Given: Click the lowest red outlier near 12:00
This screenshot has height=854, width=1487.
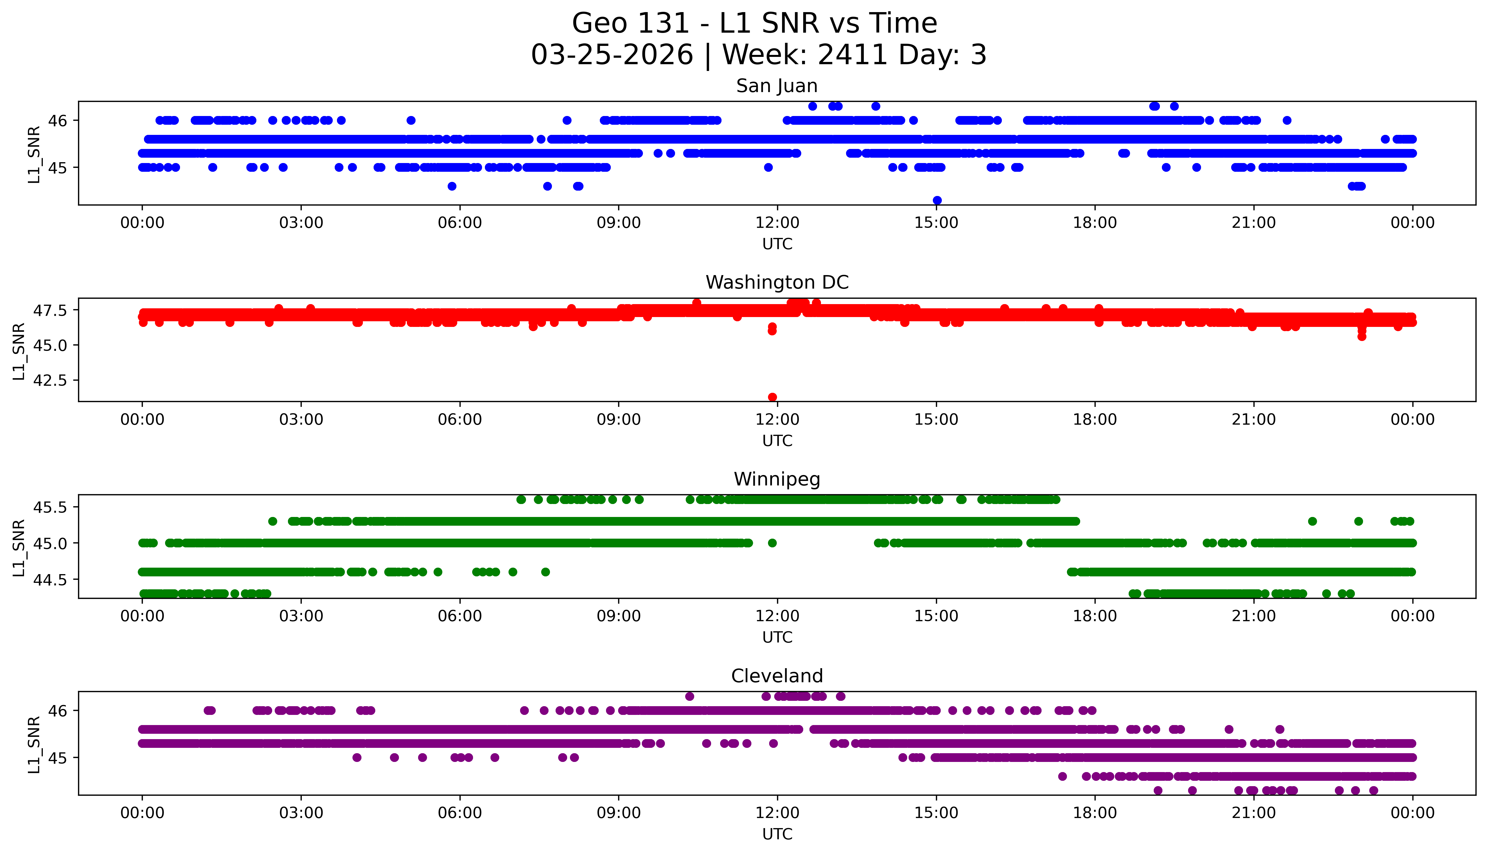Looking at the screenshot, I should click(x=772, y=397).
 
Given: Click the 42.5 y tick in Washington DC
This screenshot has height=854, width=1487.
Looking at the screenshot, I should click(x=51, y=380).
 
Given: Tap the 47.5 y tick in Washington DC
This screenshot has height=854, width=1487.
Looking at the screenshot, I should click(x=51, y=310).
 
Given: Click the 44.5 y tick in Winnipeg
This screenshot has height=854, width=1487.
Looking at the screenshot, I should click(x=51, y=579).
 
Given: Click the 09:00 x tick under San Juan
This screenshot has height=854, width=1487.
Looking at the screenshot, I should click(x=618, y=223).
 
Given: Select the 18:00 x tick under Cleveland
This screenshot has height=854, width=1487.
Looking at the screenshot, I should click(x=1095, y=813).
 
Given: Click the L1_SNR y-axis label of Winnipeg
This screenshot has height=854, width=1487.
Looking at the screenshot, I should click(x=19, y=548).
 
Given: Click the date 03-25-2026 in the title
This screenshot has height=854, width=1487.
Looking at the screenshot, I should click(x=612, y=55).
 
